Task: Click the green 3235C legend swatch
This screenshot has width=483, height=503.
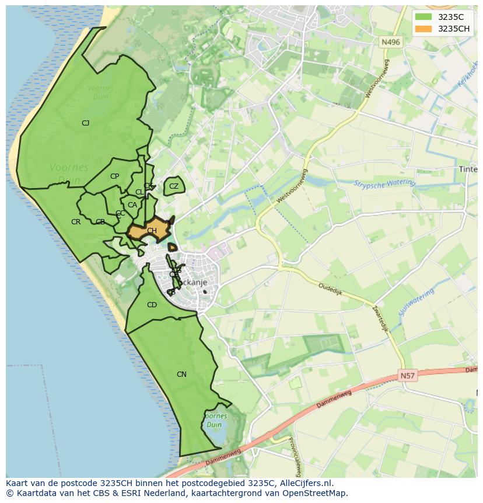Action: coord(424,17)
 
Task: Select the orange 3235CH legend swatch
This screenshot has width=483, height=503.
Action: coord(424,29)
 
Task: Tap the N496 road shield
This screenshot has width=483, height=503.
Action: coord(390,42)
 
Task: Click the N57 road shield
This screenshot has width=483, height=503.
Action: coord(408,376)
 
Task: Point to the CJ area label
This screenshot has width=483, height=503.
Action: coord(85,123)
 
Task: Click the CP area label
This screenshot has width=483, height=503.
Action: coord(114,176)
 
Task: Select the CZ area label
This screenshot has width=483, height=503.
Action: coord(174,186)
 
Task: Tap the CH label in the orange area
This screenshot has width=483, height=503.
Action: coord(152,231)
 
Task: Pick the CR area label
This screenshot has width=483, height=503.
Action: coord(76,222)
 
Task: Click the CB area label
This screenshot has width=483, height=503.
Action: coord(100,222)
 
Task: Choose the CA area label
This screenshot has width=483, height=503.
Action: coord(132,205)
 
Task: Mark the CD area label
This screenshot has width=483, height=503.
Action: coord(152,305)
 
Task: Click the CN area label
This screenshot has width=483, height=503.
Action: coord(181,374)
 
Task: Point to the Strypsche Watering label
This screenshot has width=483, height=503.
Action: coord(384,183)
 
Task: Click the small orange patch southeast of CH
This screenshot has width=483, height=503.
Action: coord(172,247)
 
